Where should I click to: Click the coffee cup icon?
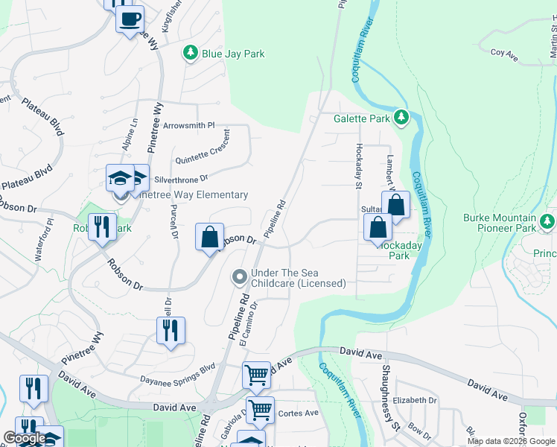click(130, 19)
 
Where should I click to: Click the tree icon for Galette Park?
click(401, 118)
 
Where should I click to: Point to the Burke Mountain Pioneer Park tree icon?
click(548, 221)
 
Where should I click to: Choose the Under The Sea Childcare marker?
click(239, 278)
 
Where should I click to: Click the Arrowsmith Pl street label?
click(188, 126)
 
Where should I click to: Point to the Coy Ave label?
click(504, 54)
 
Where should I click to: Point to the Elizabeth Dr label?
click(415, 400)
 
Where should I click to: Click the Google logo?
click(25, 438)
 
